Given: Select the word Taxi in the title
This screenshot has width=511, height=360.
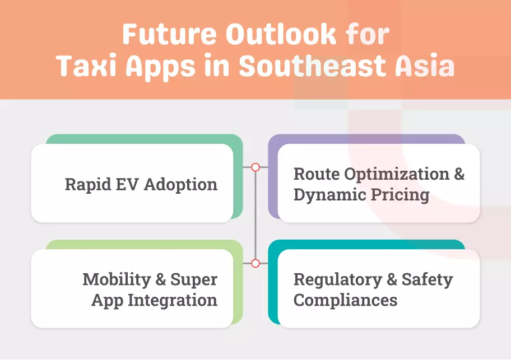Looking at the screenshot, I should tap(86, 67).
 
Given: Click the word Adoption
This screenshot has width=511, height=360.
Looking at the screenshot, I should tap(181, 184).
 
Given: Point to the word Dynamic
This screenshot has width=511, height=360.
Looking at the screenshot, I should tap(328, 195).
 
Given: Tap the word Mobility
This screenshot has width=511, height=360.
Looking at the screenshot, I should tap(116, 279).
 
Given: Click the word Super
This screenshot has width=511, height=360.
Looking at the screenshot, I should tap(194, 279).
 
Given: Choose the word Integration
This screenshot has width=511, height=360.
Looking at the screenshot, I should tap(173, 300).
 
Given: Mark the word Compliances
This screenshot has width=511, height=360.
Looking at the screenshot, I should tap(345, 300).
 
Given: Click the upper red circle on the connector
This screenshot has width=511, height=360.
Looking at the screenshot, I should tap(256, 167).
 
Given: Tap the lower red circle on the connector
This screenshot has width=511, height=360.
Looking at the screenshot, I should tap(256, 263).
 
